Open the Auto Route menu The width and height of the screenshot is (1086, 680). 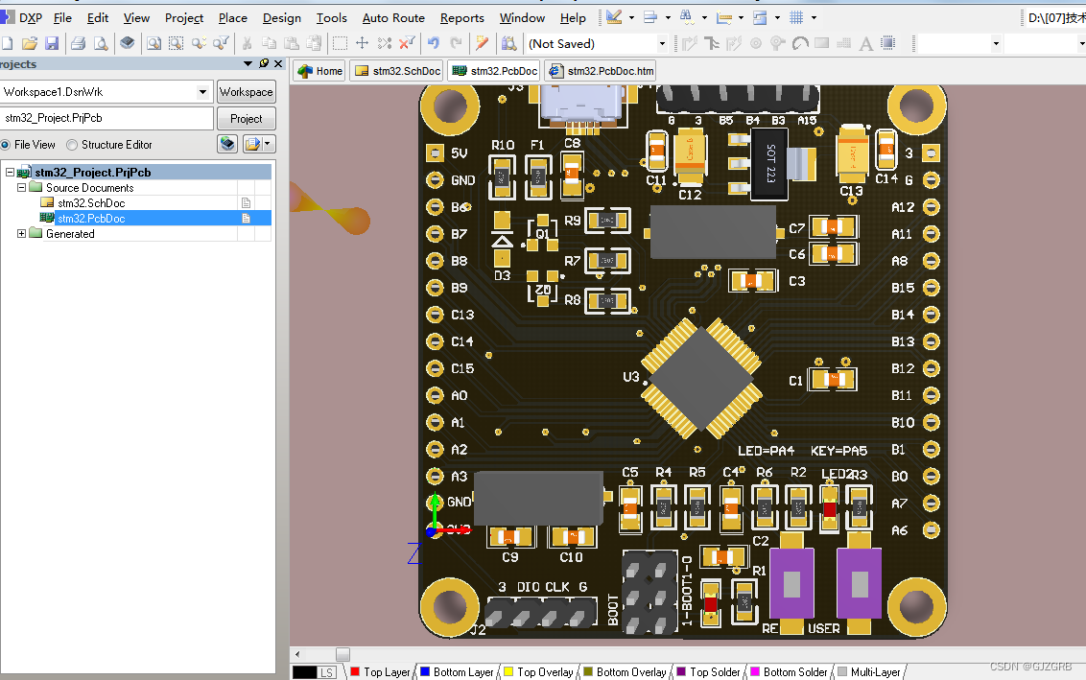pyautogui.click(x=393, y=18)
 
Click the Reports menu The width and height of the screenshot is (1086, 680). pyautogui.click(x=461, y=18)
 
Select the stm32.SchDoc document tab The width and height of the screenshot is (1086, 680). pyautogui.click(x=397, y=71)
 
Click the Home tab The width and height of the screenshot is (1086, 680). pyautogui.click(x=319, y=71)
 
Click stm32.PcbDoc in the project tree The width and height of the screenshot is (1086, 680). pyautogui.click(x=90, y=219)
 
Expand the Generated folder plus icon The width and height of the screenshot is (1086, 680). pyautogui.click(x=22, y=234)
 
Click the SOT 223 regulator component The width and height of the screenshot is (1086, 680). pyautogui.click(x=769, y=166)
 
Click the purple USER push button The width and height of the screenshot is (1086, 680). pyautogui.click(x=859, y=583)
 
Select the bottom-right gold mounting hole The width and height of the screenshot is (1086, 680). pyautogui.click(x=915, y=606)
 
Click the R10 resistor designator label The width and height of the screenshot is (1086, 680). pyautogui.click(x=502, y=146)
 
